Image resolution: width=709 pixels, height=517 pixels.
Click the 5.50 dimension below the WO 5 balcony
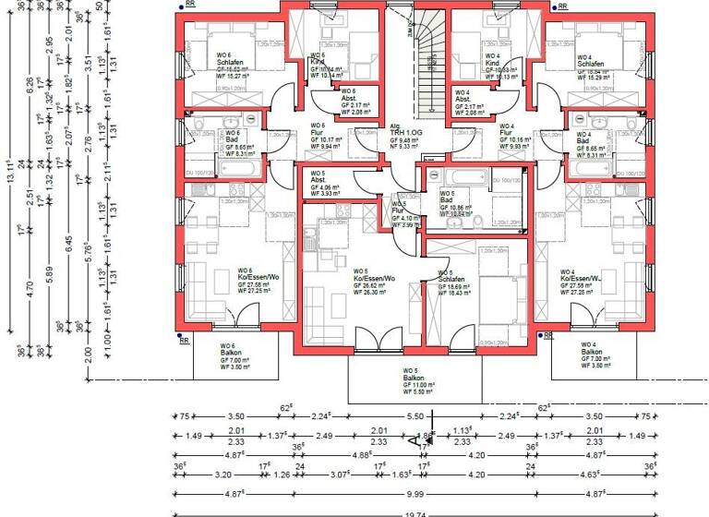(x=415, y=417)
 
